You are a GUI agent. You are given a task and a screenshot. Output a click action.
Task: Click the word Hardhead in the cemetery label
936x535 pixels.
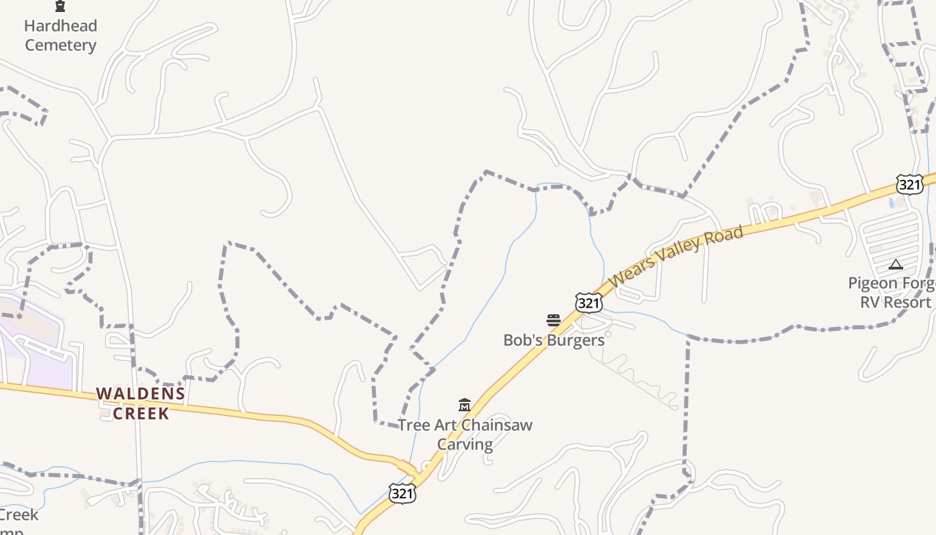60,26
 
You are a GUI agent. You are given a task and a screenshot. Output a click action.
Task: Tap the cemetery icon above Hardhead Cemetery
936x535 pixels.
60,7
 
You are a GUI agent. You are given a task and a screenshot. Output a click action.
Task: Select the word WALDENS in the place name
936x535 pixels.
140,394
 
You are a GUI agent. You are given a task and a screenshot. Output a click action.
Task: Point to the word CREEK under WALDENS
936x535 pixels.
141,413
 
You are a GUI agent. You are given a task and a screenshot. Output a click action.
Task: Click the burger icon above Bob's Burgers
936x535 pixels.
553,320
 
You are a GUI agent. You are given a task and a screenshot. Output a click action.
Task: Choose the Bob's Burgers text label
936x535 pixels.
554,340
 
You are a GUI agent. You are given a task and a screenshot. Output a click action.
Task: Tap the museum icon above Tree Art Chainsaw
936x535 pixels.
465,405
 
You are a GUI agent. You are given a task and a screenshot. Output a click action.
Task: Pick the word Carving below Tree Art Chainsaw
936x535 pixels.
465,444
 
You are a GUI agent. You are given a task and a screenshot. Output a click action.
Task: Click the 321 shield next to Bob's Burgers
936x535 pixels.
588,304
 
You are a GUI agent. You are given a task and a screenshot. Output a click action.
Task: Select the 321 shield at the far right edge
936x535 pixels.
909,185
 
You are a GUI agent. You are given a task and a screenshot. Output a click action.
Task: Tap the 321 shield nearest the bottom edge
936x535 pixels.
402,494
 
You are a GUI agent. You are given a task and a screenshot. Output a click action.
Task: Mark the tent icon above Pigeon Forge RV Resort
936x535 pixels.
896,265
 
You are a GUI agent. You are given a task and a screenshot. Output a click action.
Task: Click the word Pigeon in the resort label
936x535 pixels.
872,283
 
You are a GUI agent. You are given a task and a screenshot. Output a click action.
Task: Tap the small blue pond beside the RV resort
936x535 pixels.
892,203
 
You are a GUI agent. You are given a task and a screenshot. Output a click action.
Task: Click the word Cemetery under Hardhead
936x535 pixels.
61,45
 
